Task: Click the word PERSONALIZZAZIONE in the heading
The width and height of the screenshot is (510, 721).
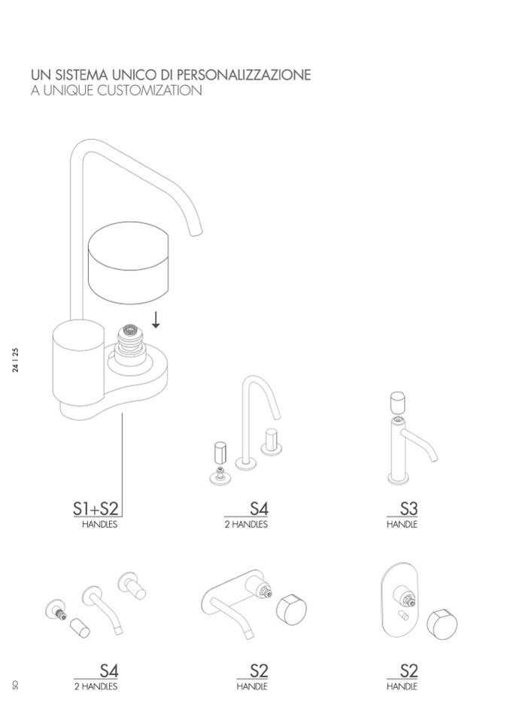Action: pyautogui.click(x=244, y=74)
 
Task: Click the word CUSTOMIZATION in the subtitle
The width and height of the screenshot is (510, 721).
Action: pyautogui.click(x=150, y=90)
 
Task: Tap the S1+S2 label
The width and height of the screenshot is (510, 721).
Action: pyautogui.click(x=96, y=508)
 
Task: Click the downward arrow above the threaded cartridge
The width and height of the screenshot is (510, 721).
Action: pyautogui.click(x=156, y=320)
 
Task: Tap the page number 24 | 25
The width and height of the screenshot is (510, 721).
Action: pyautogui.click(x=16, y=360)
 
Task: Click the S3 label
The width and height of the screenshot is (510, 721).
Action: pyautogui.click(x=408, y=508)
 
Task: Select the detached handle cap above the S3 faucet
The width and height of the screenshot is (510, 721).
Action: pyautogui.click(x=398, y=403)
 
